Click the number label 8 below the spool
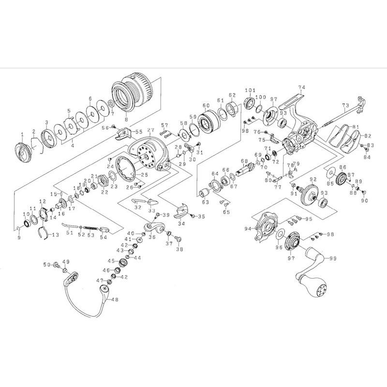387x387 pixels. click(126, 119)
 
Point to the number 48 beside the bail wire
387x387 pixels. click(115, 299)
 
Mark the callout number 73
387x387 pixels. click(345, 105)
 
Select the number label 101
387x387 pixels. click(250, 90)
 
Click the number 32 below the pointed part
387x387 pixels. click(138, 207)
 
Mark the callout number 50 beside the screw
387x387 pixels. click(47, 265)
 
